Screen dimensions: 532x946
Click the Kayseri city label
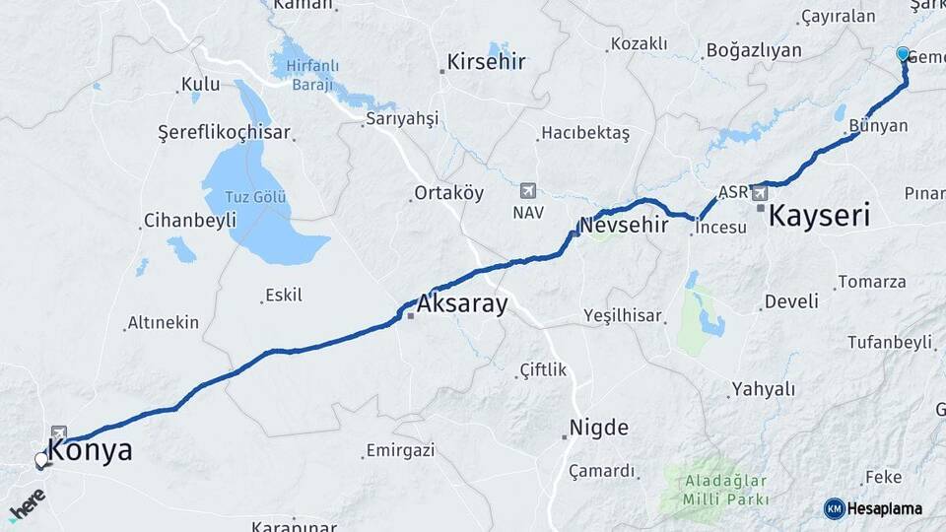coord(819,215)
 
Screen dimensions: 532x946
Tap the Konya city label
coord(90,451)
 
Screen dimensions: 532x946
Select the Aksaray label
coord(462,303)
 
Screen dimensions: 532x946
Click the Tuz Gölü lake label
coord(255,195)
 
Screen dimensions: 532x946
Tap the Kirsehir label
coord(486,61)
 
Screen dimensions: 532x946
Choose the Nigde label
coord(598,428)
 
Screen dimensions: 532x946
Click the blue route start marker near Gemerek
coord(904,53)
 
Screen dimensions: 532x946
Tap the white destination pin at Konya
coord(41,459)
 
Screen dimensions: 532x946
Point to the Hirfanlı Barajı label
coord(312,76)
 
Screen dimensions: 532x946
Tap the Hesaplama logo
coord(873,508)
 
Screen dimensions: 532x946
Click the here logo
coord(27,503)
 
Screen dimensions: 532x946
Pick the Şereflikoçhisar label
coord(224,132)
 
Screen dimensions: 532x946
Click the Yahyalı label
coord(763,389)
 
